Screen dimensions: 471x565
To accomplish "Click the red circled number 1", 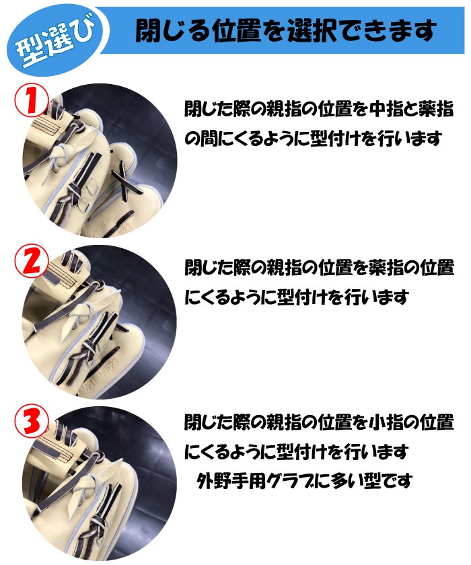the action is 32,100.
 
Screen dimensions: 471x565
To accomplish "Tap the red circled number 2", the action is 32,261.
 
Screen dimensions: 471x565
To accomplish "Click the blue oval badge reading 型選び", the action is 55,40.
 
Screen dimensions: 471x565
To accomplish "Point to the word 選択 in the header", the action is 313,30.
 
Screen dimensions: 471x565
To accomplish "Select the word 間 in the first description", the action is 209,139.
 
